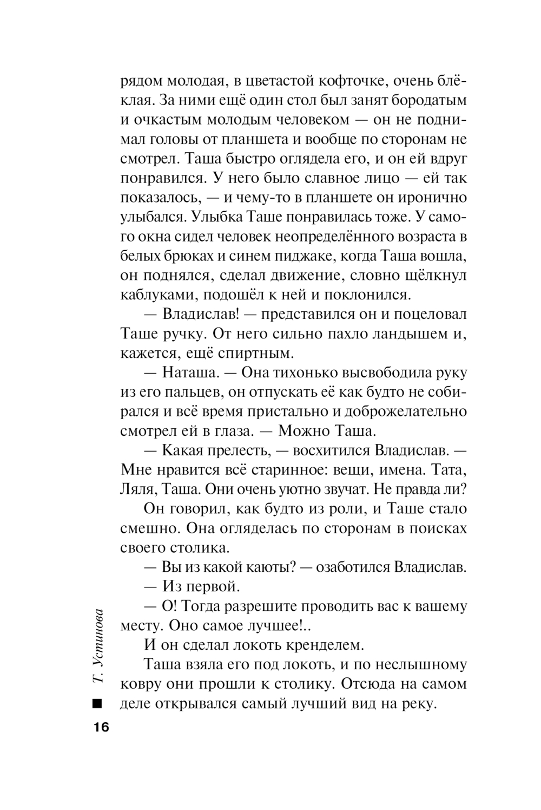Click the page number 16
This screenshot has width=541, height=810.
(101, 727)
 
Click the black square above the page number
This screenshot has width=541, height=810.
(97, 704)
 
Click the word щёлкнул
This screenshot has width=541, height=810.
(434, 276)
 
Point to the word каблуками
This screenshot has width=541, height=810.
(156, 295)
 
